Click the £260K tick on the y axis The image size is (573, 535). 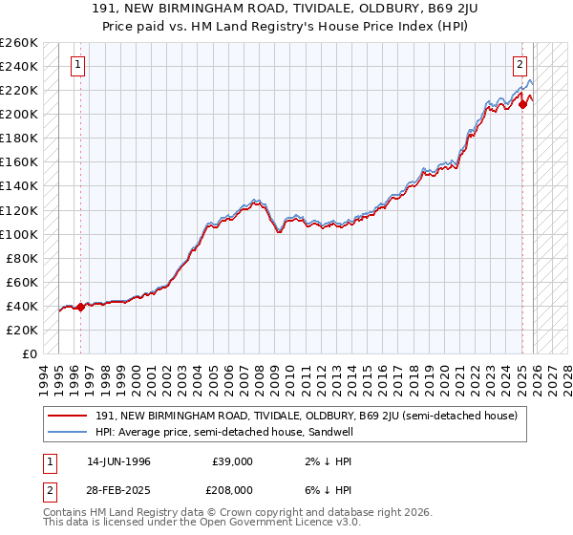click(19, 43)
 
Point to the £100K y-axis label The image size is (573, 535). click(19, 234)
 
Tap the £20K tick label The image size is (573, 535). click(22, 330)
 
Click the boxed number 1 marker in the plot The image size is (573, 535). click(77, 65)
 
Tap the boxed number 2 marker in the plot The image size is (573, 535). click(520, 65)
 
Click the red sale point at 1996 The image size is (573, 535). click(80, 307)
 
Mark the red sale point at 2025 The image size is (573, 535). click(522, 105)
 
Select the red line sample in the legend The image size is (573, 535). click(69, 416)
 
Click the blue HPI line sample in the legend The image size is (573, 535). click(69, 432)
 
